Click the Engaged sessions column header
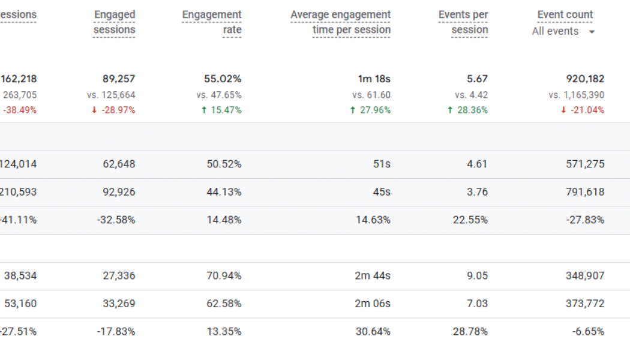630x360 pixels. coord(114,22)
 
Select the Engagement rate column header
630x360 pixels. coord(212,22)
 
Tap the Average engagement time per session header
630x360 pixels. coord(340,22)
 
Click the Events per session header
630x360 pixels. coord(463,22)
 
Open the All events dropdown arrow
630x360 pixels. coord(592,32)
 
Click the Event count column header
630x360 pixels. coord(565,14)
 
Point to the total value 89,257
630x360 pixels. coord(118,79)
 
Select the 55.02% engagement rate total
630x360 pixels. coord(223,79)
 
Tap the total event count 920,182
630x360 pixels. coord(585,79)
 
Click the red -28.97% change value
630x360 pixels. coord(113,110)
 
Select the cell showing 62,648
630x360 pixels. coord(119,164)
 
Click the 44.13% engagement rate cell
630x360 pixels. coord(224,192)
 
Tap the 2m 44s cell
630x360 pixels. coord(373,275)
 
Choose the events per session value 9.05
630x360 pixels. coord(477,275)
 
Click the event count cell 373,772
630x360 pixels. coord(585,304)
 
